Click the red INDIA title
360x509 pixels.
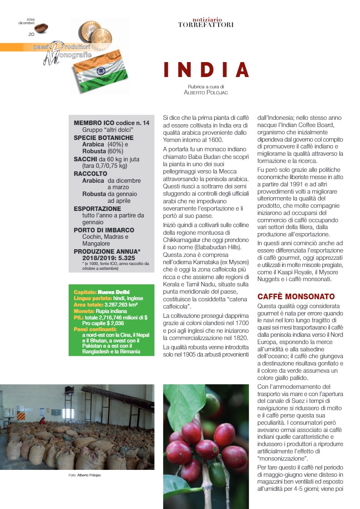click(206, 69)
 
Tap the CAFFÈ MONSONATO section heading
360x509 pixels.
click(296, 297)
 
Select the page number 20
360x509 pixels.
click(31, 34)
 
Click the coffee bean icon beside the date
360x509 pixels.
click(41, 28)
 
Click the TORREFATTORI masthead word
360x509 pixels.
click(205, 25)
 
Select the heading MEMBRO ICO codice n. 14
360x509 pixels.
click(111, 123)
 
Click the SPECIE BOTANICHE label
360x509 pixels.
click(103, 138)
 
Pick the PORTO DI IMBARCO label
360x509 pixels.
click(104, 230)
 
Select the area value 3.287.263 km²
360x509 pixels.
click(120, 305)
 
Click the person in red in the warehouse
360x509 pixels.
click(42, 421)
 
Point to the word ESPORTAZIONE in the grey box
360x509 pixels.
click(97, 209)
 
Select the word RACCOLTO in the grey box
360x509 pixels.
click(90, 174)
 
